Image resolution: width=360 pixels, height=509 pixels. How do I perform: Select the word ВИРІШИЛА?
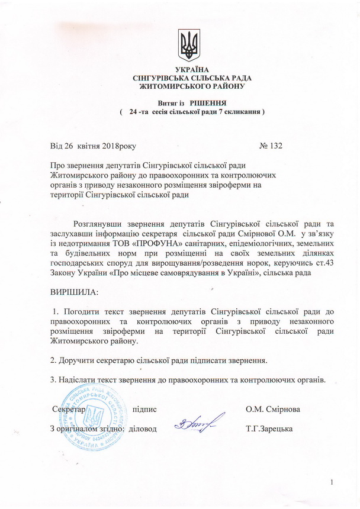tap(75, 293)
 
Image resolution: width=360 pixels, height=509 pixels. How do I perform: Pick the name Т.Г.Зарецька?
tap(271, 429)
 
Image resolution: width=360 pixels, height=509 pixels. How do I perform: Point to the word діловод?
tap(143, 429)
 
